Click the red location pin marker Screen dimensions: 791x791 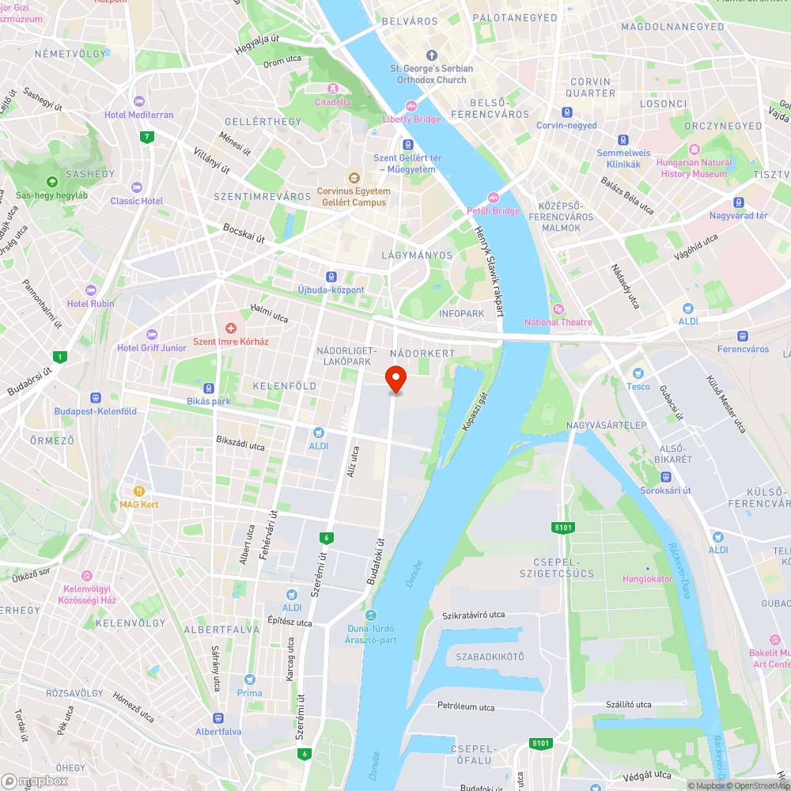click(395, 378)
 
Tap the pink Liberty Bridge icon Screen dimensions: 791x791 click(411, 106)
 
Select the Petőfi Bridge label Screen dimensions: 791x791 click(493, 211)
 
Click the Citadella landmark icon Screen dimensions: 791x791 click(332, 89)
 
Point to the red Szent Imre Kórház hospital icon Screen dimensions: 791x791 click(231, 327)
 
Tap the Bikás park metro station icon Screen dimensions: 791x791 click(209, 388)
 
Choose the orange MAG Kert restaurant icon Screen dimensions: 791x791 click(140, 490)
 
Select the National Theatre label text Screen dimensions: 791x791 click(558, 322)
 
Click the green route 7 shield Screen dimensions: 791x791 click(146, 137)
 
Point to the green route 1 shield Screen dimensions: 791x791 click(59, 357)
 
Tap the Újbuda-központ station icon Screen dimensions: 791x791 click(331, 277)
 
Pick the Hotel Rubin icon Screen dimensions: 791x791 click(90, 290)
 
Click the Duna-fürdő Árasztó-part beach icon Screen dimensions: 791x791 click(371, 615)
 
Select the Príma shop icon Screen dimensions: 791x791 click(249, 679)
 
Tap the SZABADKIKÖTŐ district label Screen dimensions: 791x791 click(490, 657)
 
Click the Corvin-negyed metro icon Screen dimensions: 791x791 click(566, 112)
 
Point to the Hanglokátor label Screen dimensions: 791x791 click(648, 578)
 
